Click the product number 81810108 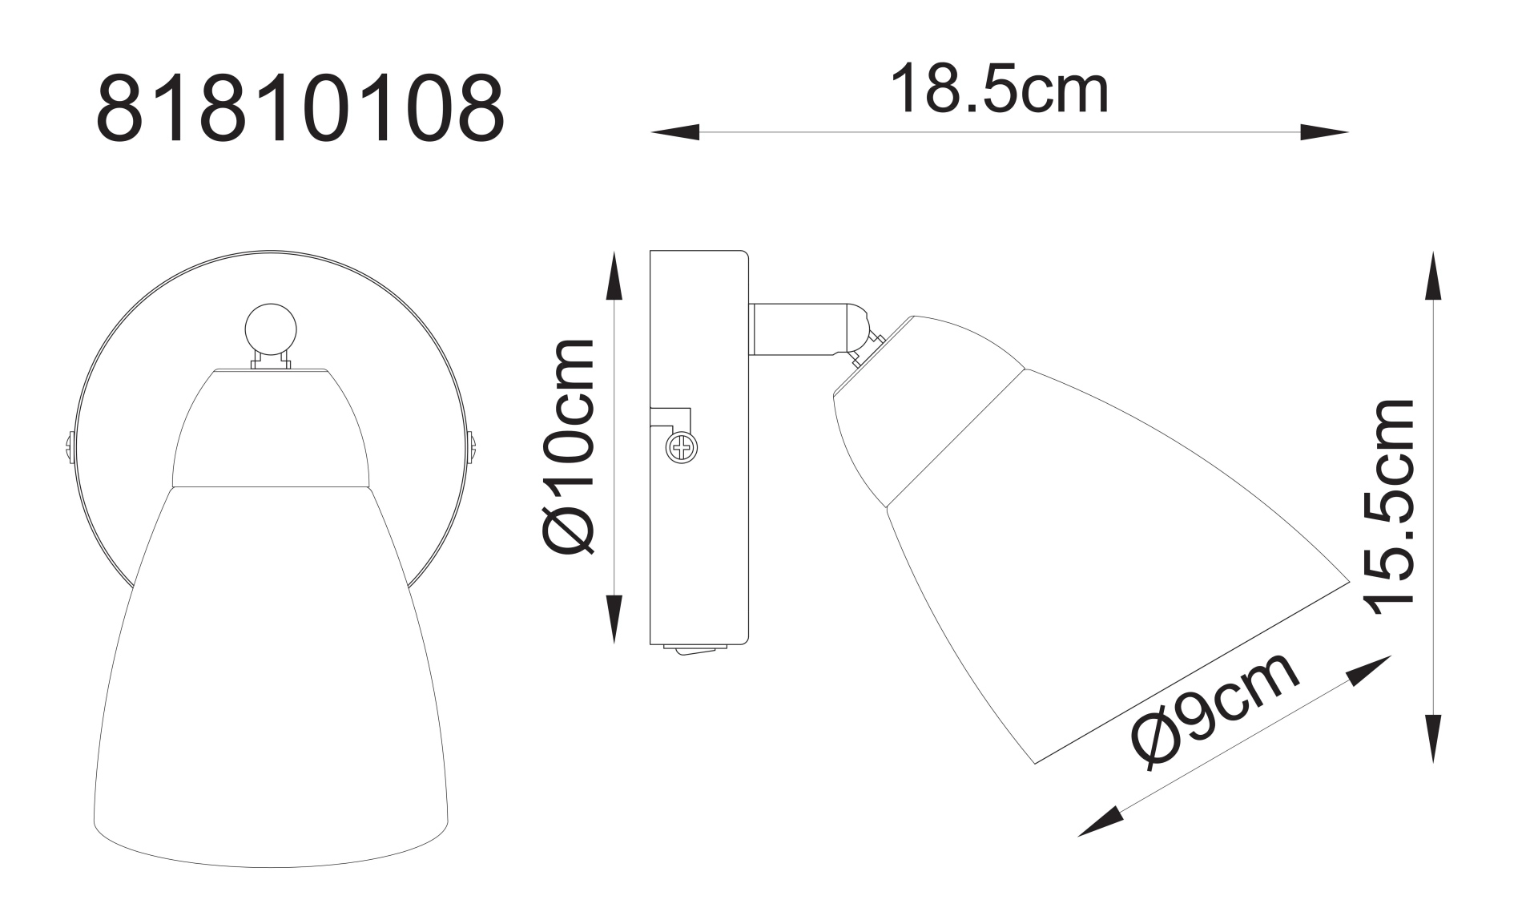(x=300, y=110)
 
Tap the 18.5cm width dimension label (x=999, y=91)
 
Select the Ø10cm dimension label (x=569, y=446)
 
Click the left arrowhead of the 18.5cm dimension (x=675, y=132)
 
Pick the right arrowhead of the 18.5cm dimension (x=1324, y=132)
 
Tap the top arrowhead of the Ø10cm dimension (x=614, y=276)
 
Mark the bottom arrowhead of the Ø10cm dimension (x=614, y=619)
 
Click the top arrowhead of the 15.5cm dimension (x=1434, y=276)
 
